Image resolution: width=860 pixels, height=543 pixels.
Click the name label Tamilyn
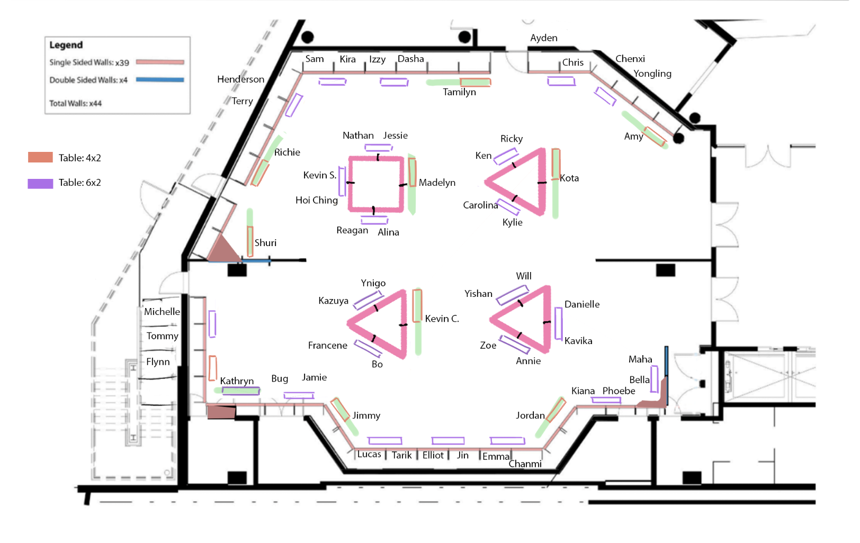coord(459,93)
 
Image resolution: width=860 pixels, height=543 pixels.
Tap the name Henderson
coord(241,79)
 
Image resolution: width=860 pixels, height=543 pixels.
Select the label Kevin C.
coord(442,319)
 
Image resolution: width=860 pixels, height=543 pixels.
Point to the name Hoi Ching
coord(316,200)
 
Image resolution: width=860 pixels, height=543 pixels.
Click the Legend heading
coord(66,45)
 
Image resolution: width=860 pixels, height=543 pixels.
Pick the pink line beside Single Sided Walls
coord(160,62)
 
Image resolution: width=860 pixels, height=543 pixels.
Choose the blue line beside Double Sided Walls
coord(160,80)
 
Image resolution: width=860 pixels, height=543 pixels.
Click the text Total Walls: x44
coord(76,103)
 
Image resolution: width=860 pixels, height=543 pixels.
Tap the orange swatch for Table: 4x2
coord(40,157)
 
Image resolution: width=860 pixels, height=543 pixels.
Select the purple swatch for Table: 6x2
coord(40,183)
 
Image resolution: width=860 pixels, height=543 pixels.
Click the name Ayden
coord(544,38)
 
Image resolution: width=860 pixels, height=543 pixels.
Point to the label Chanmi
coord(525,464)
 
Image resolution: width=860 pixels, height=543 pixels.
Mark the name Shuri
coord(265,243)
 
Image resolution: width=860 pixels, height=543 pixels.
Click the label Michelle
coord(162,312)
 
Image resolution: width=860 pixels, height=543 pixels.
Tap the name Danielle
coord(582,304)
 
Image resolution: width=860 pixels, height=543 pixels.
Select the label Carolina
coord(480,205)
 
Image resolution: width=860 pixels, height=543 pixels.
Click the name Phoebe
coord(619,391)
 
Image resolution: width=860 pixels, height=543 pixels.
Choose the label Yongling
coord(652,74)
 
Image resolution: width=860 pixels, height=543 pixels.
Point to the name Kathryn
coord(237,381)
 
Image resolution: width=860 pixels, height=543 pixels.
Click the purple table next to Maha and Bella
coord(654,379)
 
